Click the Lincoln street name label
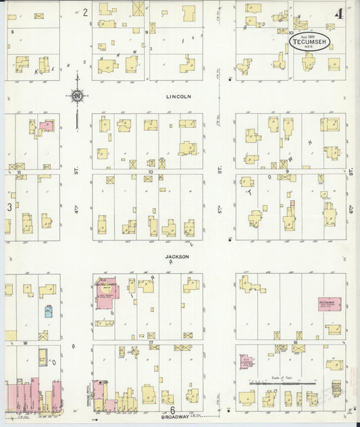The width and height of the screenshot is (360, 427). click(x=179, y=97)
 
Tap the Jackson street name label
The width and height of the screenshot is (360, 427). click(x=176, y=257)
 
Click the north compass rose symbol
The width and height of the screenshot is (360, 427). click(x=77, y=96)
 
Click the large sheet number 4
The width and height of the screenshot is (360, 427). click(x=337, y=13)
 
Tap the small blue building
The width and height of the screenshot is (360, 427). click(x=49, y=311)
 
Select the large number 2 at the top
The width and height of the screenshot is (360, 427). click(x=85, y=12)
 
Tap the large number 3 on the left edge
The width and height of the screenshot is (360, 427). click(x=9, y=207)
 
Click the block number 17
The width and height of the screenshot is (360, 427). click(x=151, y=344)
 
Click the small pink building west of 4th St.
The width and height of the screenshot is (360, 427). click(x=46, y=126)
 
